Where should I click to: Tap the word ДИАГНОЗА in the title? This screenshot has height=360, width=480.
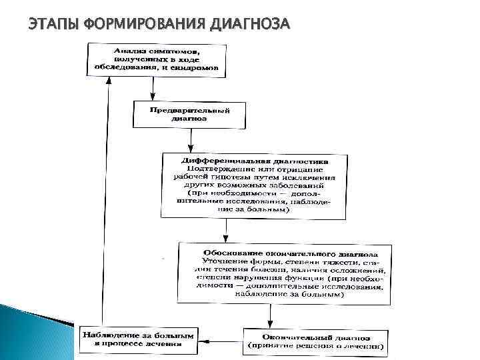point(249,25)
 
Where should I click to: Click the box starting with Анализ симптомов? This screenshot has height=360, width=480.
point(157,58)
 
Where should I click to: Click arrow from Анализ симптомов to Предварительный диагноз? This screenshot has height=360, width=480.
point(153,87)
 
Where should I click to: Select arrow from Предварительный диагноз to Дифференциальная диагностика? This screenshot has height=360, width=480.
point(191,140)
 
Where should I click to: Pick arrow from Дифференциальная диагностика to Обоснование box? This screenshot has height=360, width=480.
point(226,230)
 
